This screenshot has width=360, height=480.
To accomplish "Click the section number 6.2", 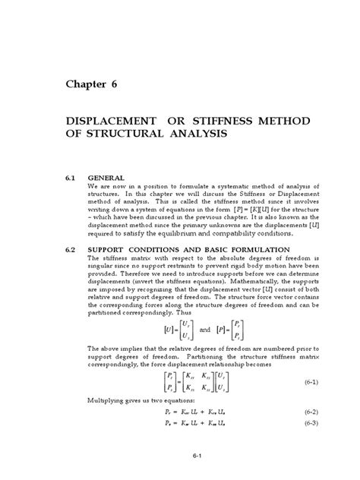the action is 71,249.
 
